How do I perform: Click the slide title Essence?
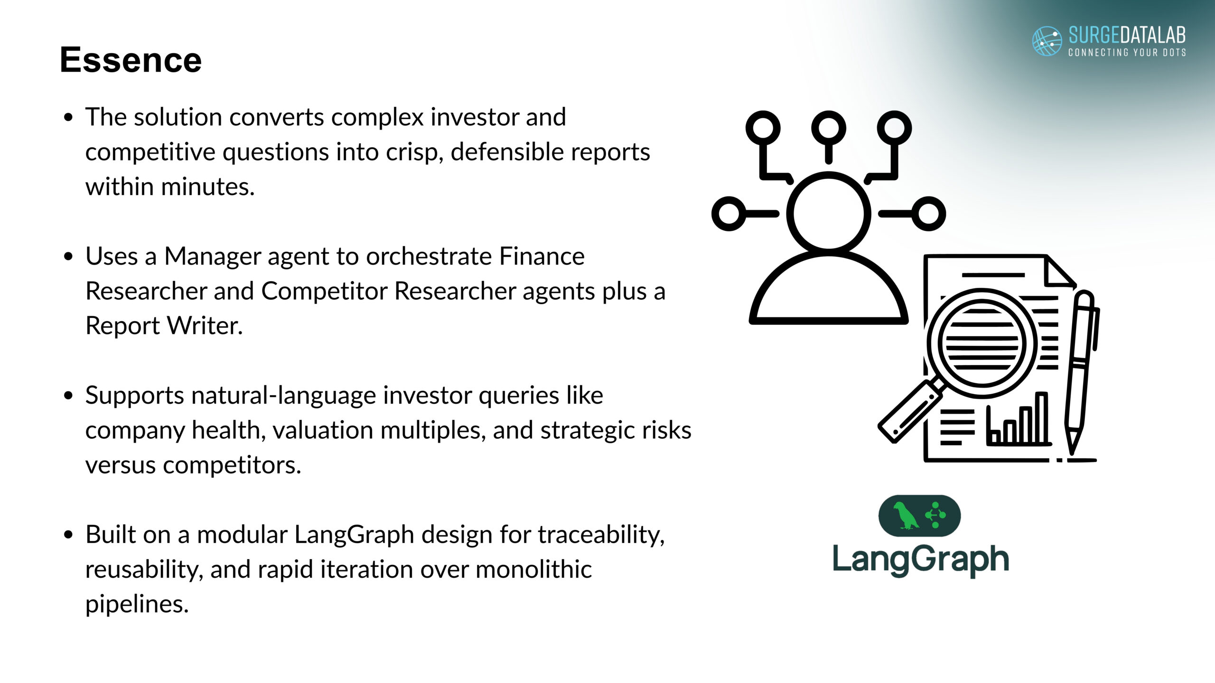pos(131,60)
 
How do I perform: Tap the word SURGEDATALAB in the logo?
pos(1127,36)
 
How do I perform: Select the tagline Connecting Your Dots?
pos(1127,52)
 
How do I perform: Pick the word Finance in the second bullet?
pos(542,256)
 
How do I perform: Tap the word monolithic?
pos(533,569)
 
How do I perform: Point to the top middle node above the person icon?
pos(829,128)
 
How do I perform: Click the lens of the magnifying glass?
pos(981,343)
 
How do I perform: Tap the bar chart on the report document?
pos(1019,419)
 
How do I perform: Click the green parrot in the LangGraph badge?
pos(904,516)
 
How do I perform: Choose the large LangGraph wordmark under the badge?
pos(921,560)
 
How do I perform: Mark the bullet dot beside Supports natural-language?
pos(69,396)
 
